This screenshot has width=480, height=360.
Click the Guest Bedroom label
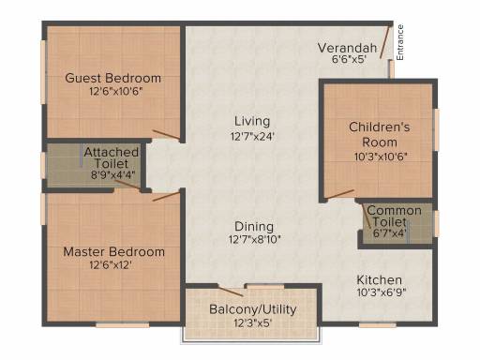113,78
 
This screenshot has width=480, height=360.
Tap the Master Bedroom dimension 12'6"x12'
111,265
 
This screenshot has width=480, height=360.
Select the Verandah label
347,48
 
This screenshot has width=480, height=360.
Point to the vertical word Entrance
400,42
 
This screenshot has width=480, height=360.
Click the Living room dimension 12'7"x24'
252,137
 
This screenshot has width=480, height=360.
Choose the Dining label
254,227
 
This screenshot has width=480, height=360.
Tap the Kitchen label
379,279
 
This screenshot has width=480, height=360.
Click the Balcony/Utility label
253,309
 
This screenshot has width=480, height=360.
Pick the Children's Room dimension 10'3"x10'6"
381,157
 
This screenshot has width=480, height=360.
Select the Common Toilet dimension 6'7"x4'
390,233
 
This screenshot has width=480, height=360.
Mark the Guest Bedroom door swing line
166,134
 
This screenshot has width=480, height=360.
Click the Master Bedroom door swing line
166,196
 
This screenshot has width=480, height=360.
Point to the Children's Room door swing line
339,194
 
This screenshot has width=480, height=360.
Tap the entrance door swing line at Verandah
385,41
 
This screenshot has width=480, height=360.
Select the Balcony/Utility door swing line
231,291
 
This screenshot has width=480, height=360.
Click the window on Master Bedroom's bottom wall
123,325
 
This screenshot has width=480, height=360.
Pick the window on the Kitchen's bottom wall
378,325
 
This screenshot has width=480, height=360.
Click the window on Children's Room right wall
437,129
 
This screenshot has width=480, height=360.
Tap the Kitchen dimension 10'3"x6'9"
382,292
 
